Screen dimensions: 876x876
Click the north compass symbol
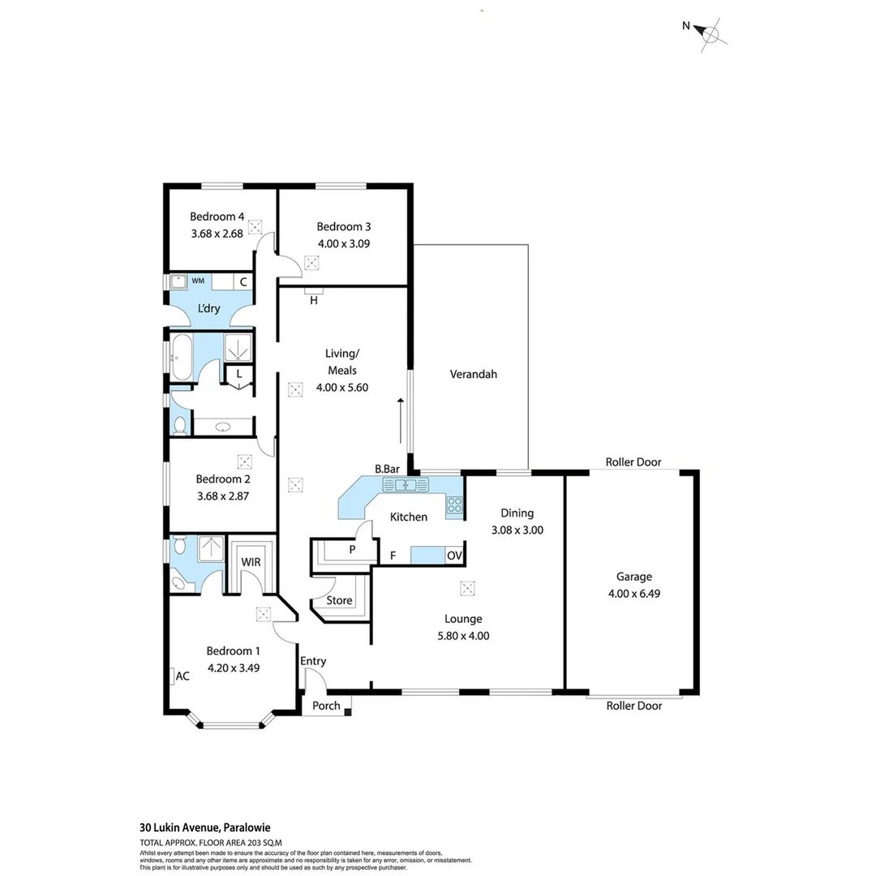[x=711, y=34]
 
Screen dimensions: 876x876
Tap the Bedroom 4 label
[x=217, y=217]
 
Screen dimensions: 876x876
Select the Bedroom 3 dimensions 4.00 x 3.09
[x=343, y=243]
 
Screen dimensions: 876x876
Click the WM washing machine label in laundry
[x=198, y=281]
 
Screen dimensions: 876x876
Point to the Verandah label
[x=473, y=375]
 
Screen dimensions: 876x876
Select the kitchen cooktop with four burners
[x=454, y=506]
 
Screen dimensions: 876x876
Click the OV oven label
[x=455, y=556]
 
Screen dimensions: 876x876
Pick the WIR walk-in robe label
[x=250, y=561]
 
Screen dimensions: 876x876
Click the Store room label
[x=339, y=600]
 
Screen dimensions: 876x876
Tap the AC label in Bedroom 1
[x=182, y=676]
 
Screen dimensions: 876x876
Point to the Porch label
[x=326, y=706]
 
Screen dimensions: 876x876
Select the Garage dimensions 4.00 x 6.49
[x=633, y=593]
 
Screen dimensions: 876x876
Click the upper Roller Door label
[x=633, y=462]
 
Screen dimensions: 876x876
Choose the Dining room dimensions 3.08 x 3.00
[x=517, y=530]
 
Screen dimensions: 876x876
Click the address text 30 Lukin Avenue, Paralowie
[x=204, y=827]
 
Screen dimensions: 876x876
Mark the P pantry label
[x=351, y=550]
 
